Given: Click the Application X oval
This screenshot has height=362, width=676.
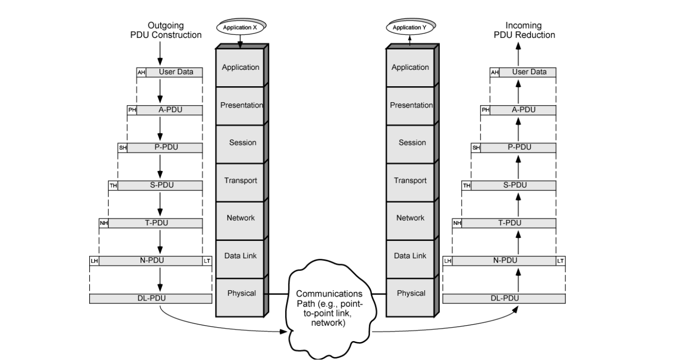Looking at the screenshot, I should (240, 28).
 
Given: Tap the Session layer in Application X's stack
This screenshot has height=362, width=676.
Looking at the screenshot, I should (241, 143).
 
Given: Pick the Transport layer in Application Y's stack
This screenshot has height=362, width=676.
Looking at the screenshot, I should (410, 181).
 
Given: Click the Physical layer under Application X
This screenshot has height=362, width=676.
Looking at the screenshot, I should (241, 293).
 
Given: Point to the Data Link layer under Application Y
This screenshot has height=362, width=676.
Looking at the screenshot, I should (410, 256).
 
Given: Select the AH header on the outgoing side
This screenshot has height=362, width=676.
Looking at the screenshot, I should (141, 72).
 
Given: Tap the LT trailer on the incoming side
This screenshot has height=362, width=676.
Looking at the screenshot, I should (560, 261).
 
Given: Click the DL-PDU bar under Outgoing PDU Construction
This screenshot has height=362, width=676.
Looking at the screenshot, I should (151, 298).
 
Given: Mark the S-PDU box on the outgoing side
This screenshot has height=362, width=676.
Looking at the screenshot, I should (160, 185).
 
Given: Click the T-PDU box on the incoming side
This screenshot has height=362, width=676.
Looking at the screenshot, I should (509, 223).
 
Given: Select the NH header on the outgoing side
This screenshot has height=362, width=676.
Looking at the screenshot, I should (103, 223).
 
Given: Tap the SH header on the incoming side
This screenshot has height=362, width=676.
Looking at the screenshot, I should (476, 148).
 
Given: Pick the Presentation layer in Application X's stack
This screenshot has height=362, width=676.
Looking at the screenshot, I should (241, 105).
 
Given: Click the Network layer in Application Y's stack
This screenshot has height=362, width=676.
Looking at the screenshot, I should (410, 218).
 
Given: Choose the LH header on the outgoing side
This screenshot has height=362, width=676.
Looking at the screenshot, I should (94, 261).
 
